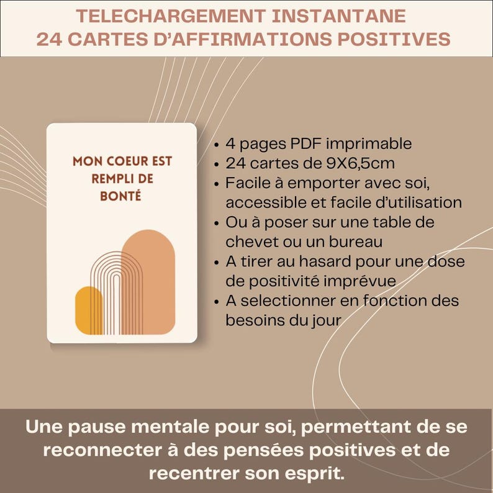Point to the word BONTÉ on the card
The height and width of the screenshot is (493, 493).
pyautogui.click(x=122, y=195)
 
